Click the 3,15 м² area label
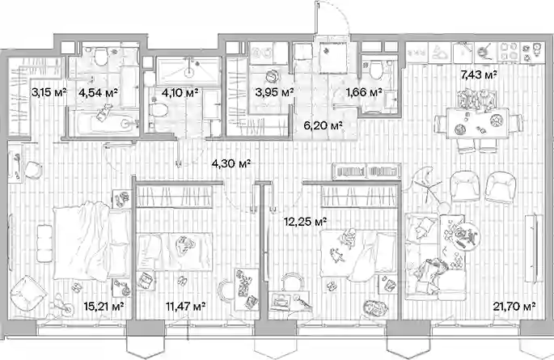coord(49,93)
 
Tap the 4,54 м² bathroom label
coord(98,93)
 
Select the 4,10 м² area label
coord(180,93)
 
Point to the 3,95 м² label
coord(274,93)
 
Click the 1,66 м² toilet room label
coord(364,93)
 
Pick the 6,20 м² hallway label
coord(324,125)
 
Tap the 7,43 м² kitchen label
coord(479,74)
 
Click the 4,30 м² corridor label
coord(231,163)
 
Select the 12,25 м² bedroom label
coord(305,222)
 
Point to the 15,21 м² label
coord(104,306)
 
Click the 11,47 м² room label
coord(185,306)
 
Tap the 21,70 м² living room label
coord(514,306)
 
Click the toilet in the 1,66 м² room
coord(377,70)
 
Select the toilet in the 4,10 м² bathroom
coord(157,110)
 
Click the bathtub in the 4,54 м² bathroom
coord(104,122)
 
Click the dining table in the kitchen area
coord(478,123)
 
